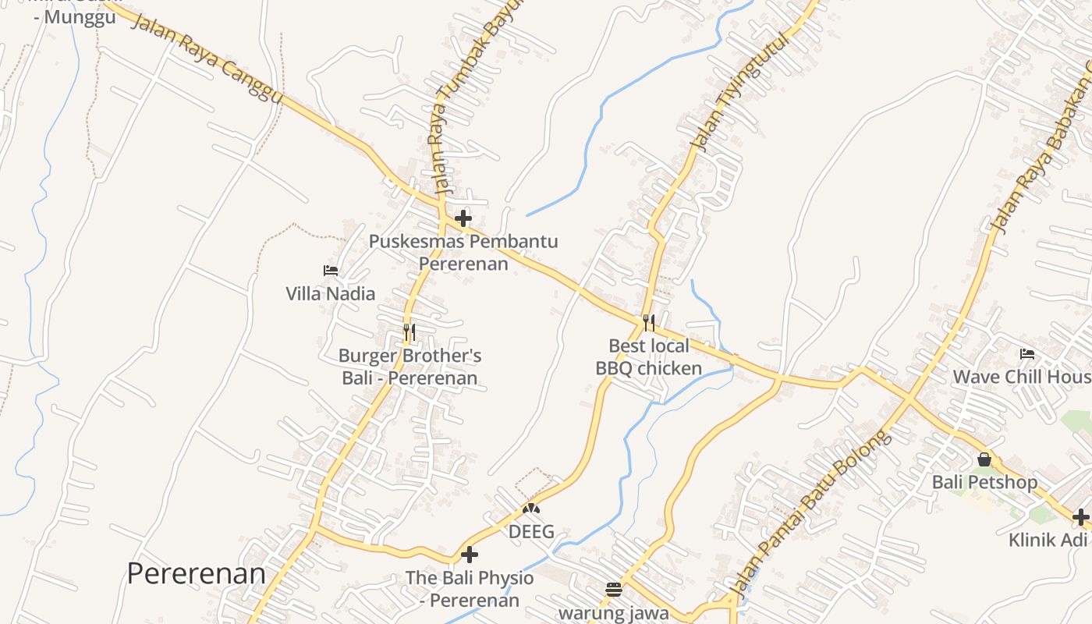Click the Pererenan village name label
coord(196,574)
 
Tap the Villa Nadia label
coord(330,294)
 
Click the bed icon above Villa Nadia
coord(331,271)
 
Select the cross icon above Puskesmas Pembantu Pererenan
coord(463,218)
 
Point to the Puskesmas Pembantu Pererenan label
coord(463,252)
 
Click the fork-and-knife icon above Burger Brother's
coord(409,332)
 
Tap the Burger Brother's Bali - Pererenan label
coord(409,367)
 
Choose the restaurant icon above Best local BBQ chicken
coord(648,322)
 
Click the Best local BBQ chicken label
coord(649,356)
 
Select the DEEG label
coord(531,532)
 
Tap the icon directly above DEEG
coord(531,509)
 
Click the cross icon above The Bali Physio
coord(470,555)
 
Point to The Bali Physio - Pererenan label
coord(470,589)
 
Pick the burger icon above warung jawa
coord(614,590)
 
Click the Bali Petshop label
coord(984,482)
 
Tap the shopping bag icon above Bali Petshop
coord(984,459)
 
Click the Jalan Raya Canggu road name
coord(207,58)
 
